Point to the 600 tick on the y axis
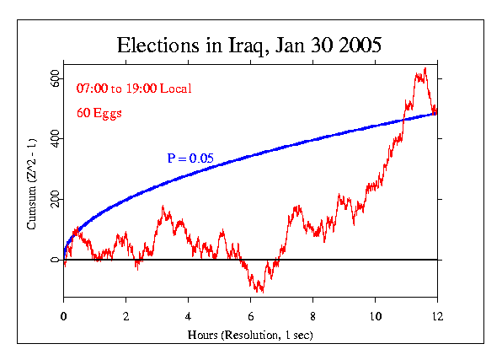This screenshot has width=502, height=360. [x=53, y=77]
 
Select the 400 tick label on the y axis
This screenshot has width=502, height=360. [x=53, y=137]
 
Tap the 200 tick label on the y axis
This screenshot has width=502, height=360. [x=53, y=199]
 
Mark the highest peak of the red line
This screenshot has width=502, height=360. [x=425, y=68]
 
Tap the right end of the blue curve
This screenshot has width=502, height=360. [x=436, y=113]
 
